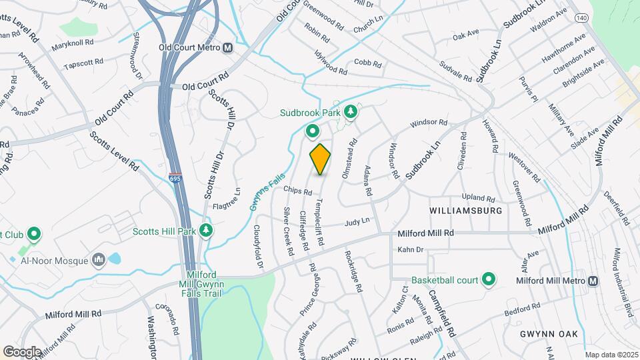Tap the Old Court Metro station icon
(228, 48)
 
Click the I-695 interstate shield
(174, 179)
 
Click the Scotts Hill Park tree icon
(207, 231)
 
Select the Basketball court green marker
(489, 280)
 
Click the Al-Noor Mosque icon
(99, 259)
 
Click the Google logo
(22, 351)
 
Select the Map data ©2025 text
(611, 355)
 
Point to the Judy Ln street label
(357, 221)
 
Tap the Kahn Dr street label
(411, 249)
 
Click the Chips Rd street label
(297, 191)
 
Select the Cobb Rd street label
(367, 65)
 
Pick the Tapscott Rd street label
(83, 64)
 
